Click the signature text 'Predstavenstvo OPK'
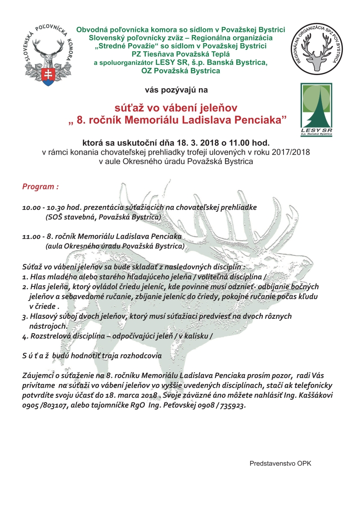(x=280, y=463)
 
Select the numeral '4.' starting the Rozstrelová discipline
(x=25, y=336)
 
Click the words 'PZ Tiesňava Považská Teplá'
(x=180, y=54)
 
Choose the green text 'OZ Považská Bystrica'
(x=180, y=71)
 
